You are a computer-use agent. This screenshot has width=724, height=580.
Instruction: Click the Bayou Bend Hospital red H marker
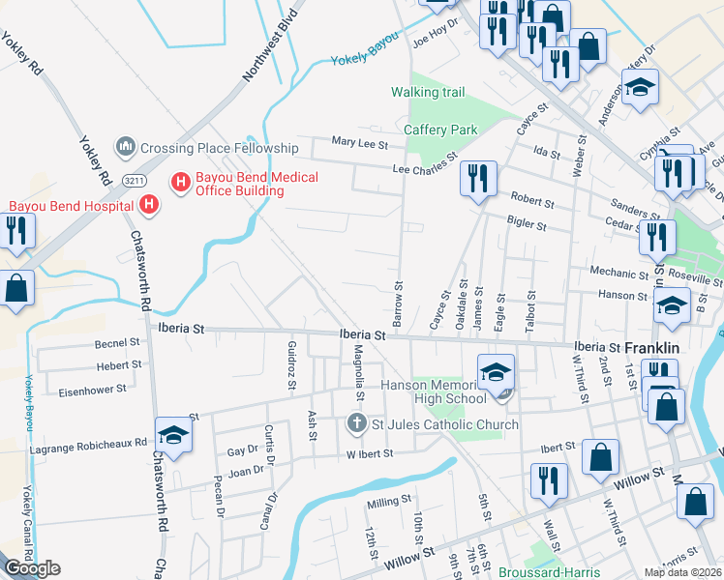(149, 205)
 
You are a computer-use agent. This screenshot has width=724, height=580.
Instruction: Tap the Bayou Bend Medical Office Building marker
(179, 181)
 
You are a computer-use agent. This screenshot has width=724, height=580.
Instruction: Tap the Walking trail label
(428, 93)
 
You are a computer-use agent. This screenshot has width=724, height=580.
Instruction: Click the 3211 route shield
(136, 179)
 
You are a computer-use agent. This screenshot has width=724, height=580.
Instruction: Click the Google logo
(32, 568)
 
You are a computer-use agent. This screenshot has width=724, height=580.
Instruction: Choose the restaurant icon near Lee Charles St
(478, 178)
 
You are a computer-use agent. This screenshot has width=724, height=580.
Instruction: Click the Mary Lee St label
(359, 144)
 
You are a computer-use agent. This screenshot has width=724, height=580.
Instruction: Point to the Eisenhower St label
(93, 390)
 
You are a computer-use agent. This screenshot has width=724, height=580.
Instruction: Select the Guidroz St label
(291, 364)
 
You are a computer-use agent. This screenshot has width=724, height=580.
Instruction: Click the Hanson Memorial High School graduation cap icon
(496, 371)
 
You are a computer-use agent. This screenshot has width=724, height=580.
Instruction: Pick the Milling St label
(389, 504)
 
